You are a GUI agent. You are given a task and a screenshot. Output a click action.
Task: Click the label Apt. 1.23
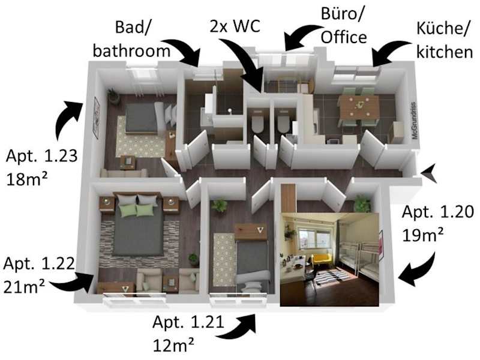tap(41, 156)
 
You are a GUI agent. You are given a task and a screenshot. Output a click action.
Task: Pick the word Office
tap(344, 37)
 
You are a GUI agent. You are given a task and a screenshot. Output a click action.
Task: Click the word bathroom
tap(131, 50)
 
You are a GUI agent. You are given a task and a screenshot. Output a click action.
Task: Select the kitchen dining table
tap(358, 107)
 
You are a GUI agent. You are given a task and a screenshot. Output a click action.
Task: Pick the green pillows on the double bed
tap(136, 211)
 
